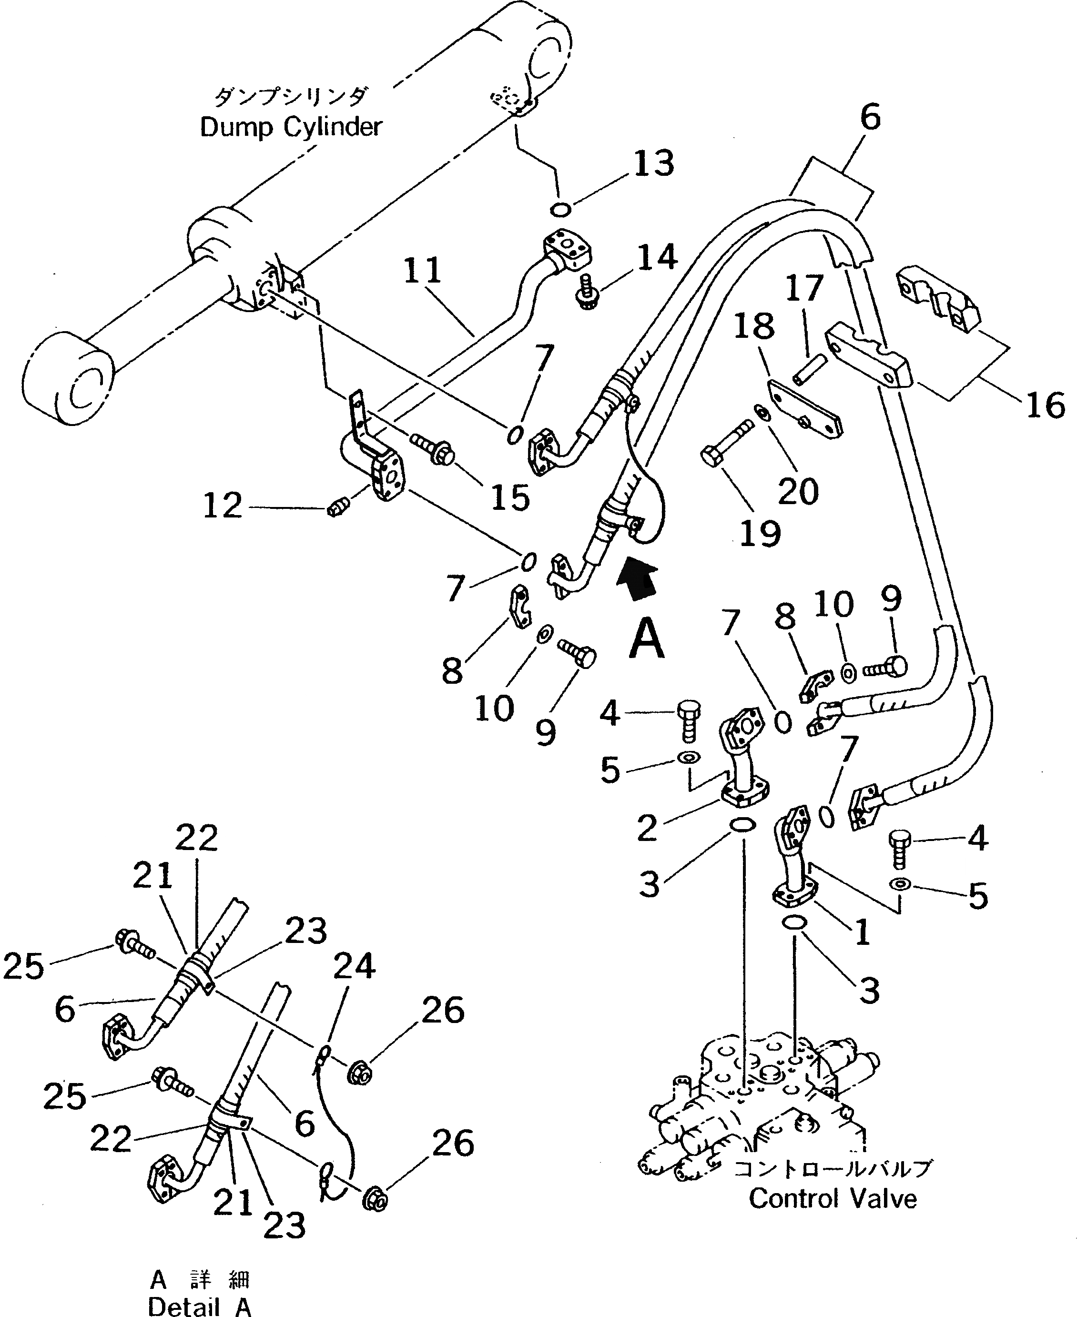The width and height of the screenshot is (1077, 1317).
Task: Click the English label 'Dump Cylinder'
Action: pos(290,128)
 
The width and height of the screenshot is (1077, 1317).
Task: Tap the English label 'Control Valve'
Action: pos(833,1198)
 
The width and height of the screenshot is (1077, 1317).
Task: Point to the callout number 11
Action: pos(423,271)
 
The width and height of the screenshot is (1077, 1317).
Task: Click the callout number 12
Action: pos(222,506)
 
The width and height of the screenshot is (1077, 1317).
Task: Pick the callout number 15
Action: pos(510,497)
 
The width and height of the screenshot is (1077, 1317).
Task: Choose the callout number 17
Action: pos(804,288)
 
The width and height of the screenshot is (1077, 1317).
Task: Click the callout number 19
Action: pos(761,532)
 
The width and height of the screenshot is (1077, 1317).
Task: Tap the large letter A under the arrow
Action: pos(647,640)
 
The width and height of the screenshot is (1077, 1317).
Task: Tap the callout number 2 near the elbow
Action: pos(647,828)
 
